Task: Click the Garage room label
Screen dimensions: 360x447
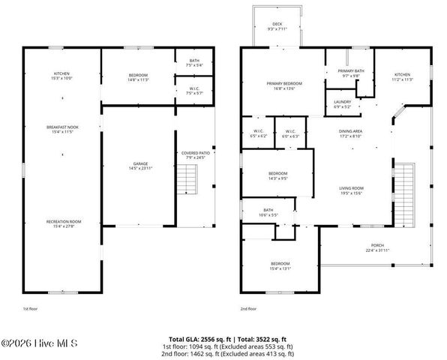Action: [138, 165]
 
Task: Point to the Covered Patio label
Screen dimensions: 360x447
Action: [194, 155]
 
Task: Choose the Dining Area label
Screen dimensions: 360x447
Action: [351, 133]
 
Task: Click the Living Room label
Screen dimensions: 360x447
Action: [352, 191]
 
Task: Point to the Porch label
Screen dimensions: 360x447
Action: [377, 247]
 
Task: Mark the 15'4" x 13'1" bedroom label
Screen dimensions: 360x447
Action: [280, 265]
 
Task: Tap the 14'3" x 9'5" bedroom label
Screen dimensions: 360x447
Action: [277, 176]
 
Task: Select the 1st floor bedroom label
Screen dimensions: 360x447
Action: [138, 76]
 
